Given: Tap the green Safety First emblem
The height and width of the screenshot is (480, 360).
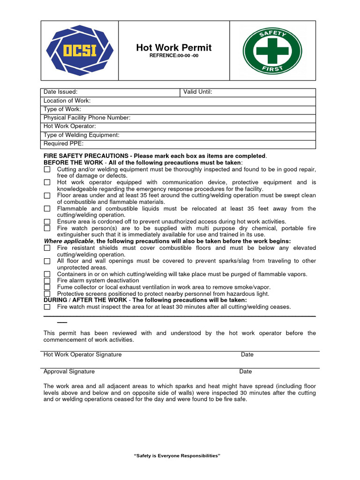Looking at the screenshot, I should point(272,50).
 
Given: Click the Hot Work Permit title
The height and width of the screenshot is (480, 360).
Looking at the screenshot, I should point(173,48).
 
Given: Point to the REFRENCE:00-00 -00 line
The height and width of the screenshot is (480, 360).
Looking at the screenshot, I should point(173,56).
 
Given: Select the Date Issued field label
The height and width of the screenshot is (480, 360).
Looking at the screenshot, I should point(60,92).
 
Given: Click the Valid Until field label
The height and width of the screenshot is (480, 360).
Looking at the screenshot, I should point(198,92).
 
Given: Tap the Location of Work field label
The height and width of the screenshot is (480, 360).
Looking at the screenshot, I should point(67,101).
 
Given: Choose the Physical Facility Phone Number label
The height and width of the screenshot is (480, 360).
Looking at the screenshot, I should point(87,118).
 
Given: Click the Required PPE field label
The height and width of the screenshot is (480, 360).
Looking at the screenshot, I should point(63,144).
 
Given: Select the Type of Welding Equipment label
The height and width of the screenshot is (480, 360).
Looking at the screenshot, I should point(82,135).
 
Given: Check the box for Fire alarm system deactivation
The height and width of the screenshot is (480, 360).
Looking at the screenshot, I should point(47,281).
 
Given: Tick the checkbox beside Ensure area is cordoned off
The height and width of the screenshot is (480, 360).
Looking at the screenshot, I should point(47,222).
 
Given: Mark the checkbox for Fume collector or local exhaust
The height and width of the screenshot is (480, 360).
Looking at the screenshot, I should point(47,287).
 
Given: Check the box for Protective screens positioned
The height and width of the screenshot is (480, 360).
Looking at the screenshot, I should point(47,294).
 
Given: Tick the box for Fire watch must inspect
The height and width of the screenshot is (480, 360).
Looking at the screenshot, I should point(47,307).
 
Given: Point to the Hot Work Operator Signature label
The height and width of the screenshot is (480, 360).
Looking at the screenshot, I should point(82,355).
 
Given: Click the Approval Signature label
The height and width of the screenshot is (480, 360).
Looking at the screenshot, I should point(69,372).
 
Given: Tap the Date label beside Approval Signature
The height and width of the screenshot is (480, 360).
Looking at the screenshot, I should point(245,372).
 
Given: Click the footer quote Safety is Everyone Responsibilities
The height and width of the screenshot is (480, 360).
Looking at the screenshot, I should point(177,456).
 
